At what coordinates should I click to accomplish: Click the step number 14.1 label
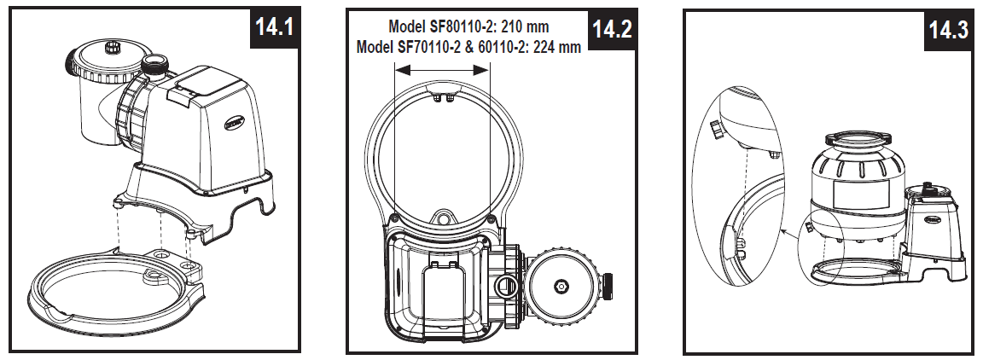[274, 27]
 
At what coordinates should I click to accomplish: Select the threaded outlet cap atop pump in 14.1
[155, 65]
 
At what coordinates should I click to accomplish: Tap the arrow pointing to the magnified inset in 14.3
[785, 231]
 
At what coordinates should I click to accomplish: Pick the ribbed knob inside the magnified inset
[717, 131]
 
